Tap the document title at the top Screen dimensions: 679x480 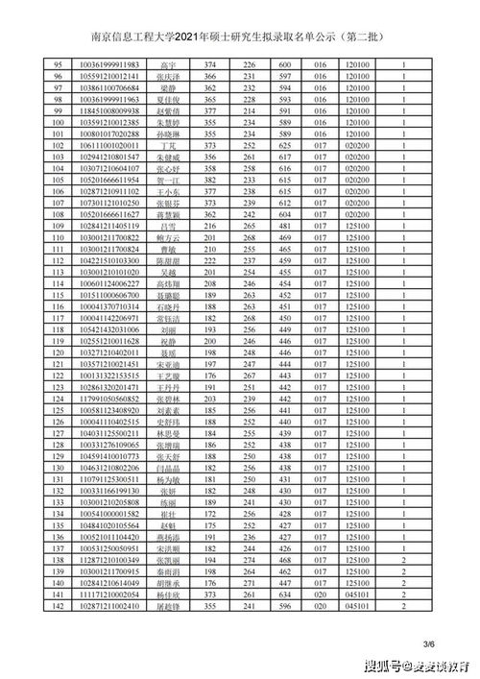click(240, 38)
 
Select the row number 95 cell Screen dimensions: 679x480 click(57, 62)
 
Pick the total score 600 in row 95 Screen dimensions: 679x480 click(284, 62)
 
